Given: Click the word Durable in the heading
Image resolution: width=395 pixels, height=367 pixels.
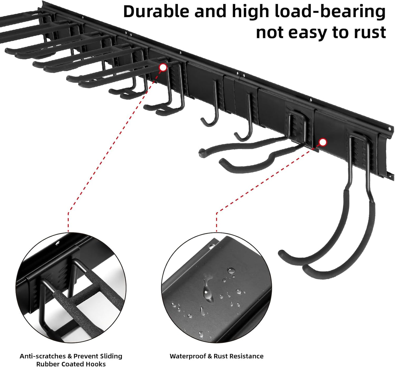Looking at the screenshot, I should (156, 11).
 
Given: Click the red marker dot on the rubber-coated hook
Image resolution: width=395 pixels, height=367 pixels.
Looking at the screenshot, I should (163, 67).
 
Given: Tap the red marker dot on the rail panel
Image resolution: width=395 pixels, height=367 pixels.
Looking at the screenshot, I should (323, 142).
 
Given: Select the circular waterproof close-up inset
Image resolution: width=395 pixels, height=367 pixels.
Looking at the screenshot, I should (216, 288).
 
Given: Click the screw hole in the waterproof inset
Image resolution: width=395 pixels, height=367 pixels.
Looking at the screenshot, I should (212, 246).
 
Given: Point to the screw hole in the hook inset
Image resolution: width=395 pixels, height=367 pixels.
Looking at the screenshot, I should (58, 243).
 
